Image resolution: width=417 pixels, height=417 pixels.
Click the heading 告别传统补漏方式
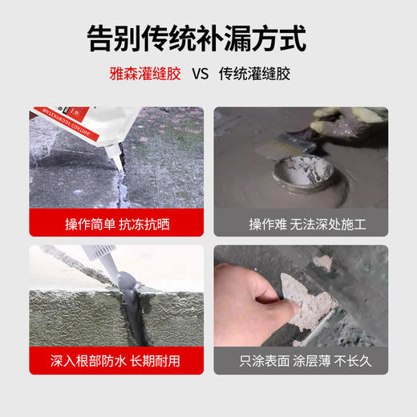(208, 38)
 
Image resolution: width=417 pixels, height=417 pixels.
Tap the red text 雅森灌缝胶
(146, 74)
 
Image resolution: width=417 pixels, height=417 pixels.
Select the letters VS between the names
(200, 74)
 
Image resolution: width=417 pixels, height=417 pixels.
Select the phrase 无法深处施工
(317, 224)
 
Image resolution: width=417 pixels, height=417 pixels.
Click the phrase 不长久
(353, 360)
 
